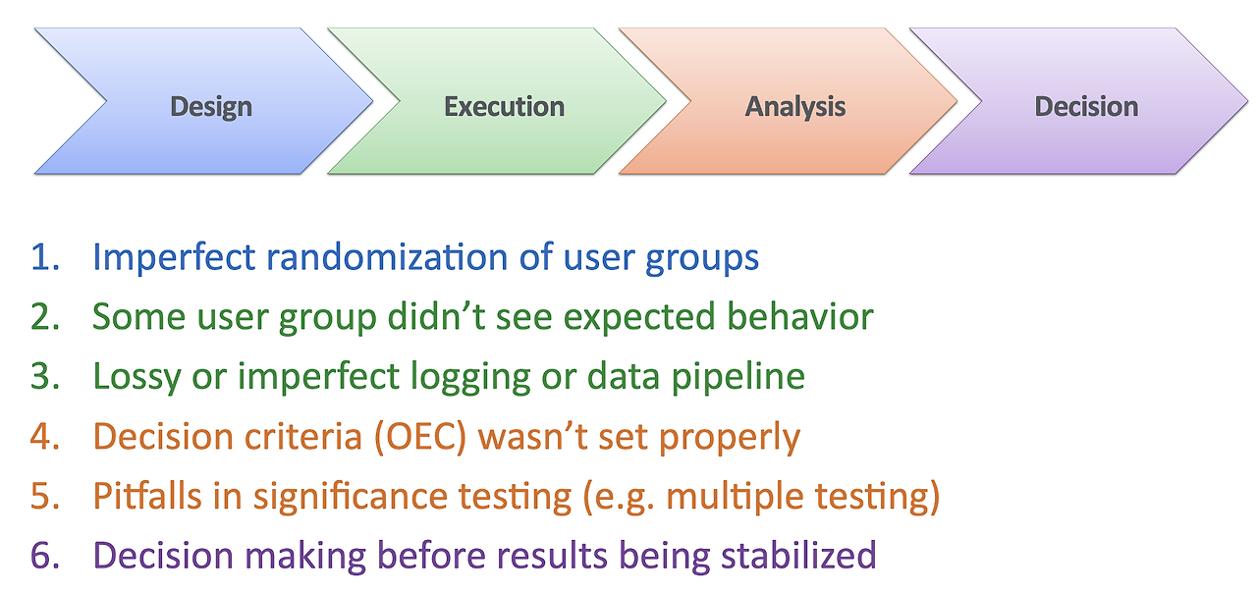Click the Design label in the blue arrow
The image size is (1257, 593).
(211, 107)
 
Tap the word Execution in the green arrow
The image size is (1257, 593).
(504, 106)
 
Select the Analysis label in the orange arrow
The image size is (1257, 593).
(795, 107)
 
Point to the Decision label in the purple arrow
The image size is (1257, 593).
(1086, 106)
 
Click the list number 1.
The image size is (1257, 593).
(45, 257)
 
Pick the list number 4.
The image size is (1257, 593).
(45, 437)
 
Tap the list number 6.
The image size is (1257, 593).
(45, 556)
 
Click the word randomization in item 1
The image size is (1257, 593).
(387, 257)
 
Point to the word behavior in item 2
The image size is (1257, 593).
(800, 316)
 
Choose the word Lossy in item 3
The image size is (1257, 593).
(137, 377)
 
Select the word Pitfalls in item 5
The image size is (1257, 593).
(147, 496)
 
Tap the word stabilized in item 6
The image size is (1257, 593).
(798, 556)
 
